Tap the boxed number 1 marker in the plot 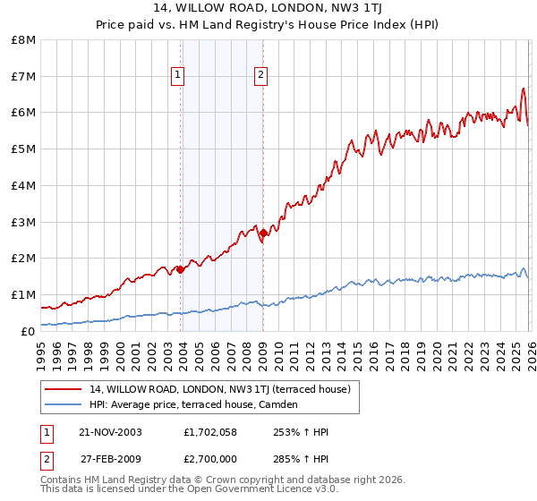pos(178,75)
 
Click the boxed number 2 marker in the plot pos(260,75)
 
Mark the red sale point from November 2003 pos(181,268)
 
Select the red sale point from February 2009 pos(263,233)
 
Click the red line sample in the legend pos(64,389)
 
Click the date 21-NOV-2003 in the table pos(110,432)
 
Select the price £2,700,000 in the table pos(211,459)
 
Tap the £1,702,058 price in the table pos(211,432)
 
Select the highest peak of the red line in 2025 pos(523,89)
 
